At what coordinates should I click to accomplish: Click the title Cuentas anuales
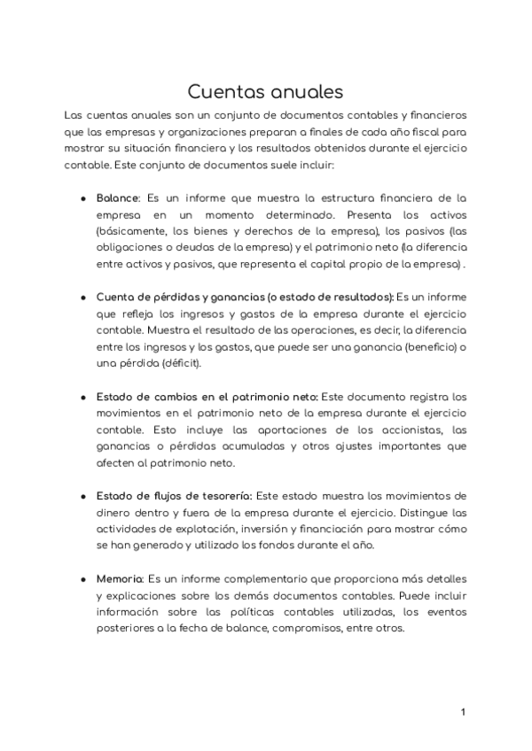coord(265,91)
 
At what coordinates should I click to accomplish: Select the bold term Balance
coord(117,197)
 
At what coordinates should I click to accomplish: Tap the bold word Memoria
coord(119,579)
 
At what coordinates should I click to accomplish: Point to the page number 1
coord(463,712)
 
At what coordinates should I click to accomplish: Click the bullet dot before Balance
coord(82,197)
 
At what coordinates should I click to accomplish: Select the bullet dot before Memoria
coord(82,579)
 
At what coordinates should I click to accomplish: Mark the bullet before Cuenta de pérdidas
coord(82,297)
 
